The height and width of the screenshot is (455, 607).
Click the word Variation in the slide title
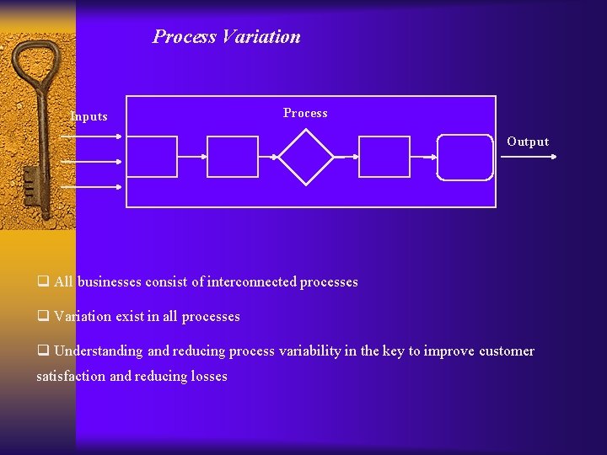coord(261,37)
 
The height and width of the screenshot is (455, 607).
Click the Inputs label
coord(89,116)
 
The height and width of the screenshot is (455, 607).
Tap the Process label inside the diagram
coord(305,113)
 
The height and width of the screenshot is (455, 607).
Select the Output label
coord(528,142)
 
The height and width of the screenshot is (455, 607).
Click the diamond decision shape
coord(307,157)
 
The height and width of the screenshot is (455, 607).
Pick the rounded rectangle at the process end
coord(465,157)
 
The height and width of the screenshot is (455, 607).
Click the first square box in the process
coord(152,157)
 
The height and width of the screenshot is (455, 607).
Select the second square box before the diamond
coord(233,157)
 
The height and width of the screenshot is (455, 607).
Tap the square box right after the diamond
coord(384,157)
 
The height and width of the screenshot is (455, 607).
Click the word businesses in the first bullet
coord(109,282)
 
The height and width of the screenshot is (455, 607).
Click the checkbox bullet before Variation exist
coord(42,317)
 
